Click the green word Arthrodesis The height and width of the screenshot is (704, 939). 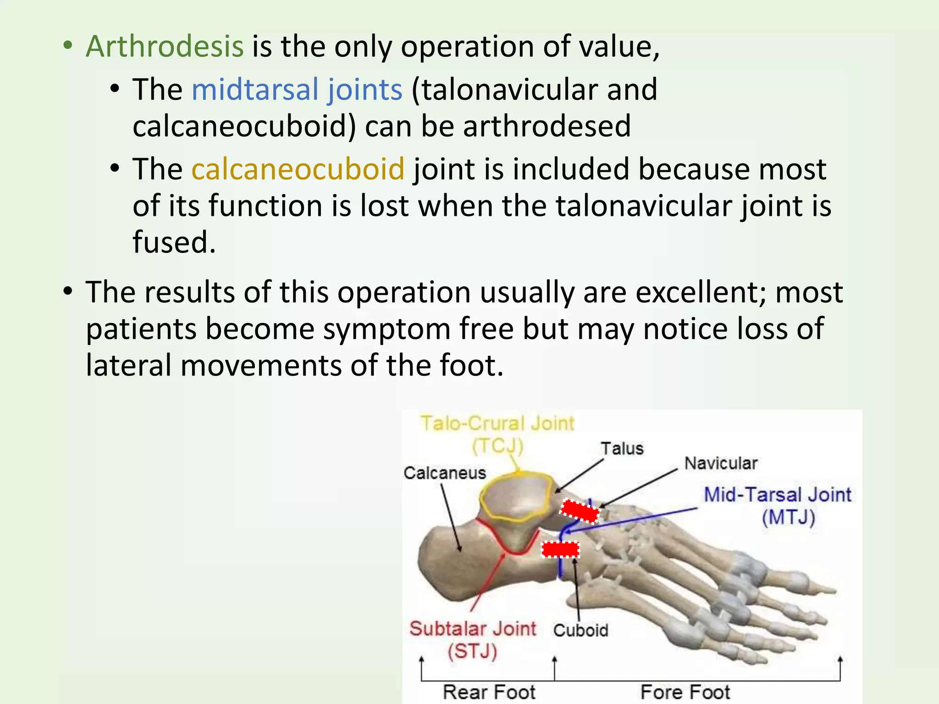(165, 46)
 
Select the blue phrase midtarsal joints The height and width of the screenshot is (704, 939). (297, 89)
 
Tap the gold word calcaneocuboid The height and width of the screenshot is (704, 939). (298, 169)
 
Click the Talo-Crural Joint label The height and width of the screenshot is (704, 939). (497, 423)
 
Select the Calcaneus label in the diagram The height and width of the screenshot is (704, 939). (444, 473)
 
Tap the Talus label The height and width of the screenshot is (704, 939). (622, 449)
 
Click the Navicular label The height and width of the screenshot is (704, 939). (720, 463)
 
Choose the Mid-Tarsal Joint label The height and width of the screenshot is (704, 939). (777, 495)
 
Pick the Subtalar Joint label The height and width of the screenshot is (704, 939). (472, 629)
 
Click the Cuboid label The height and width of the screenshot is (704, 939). (580, 631)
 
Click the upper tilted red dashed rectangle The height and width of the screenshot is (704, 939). (580, 511)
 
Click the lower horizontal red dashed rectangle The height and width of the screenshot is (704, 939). (560, 549)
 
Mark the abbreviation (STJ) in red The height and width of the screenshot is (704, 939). (472, 651)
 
